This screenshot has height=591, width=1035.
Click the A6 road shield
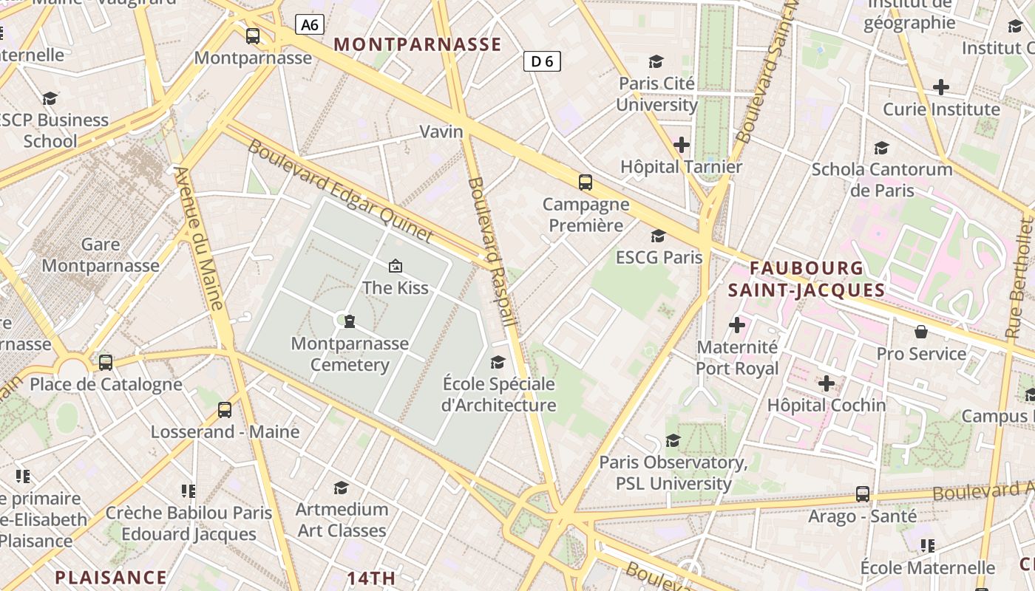pyautogui.click(x=310, y=24)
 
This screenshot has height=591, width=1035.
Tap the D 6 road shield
pyautogui.click(x=542, y=61)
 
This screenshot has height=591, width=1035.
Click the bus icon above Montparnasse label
pyautogui.click(x=253, y=35)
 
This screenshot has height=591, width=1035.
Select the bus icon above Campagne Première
pyautogui.click(x=586, y=182)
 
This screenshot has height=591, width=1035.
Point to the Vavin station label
pyautogui.click(x=441, y=131)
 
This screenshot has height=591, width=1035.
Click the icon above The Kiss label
pyautogui.click(x=396, y=265)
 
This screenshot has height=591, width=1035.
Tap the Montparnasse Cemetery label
pyautogui.click(x=350, y=354)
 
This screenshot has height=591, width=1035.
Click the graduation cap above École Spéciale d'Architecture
pyautogui.click(x=498, y=362)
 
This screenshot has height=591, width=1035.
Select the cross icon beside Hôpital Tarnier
pyautogui.click(x=682, y=145)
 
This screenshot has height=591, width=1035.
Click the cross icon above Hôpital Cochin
pyautogui.click(x=827, y=383)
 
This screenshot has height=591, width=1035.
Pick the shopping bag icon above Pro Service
pyautogui.click(x=921, y=332)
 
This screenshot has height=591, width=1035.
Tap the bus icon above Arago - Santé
pyautogui.click(x=862, y=493)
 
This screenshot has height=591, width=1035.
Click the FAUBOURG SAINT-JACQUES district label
pyautogui.click(x=806, y=279)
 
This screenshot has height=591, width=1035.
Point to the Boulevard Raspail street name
pyautogui.click(x=491, y=251)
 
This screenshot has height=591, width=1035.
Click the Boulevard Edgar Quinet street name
pyautogui.click(x=340, y=190)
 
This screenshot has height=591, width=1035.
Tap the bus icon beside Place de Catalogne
pyautogui.click(x=106, y=362)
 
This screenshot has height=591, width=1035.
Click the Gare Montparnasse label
pyautogui.click(x=101, y=255)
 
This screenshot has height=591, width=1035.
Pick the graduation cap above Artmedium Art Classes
pyautogui.click(x=341, y=488)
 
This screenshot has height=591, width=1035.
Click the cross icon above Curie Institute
pyautogui.click(x=940, y=87)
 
